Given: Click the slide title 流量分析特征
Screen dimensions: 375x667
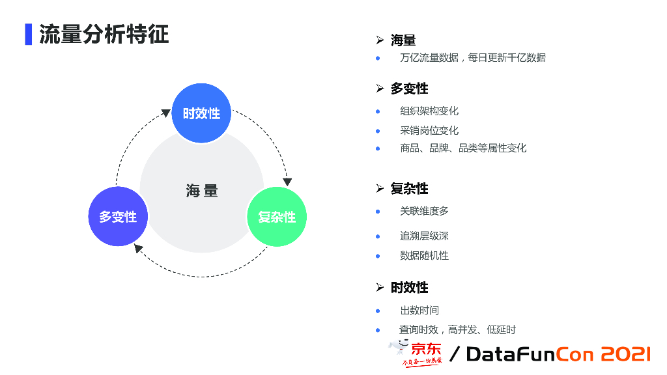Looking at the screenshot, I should pyautogui.click(x=104, y=35).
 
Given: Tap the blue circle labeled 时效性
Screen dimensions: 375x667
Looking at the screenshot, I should pyautogui.click(x=201, y=113).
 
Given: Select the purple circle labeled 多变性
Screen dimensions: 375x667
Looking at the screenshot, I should pyautogui.click(x=118, y=217).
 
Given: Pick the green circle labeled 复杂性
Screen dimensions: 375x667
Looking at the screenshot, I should pyautogui.click(x=277, y=217).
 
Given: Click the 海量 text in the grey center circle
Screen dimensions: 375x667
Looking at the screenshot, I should pyautogui.click(x=202, y=191).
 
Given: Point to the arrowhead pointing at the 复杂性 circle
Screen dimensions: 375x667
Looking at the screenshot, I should pyautogui.click(x=287, y=182).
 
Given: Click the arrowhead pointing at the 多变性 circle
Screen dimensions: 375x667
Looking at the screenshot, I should pyautogui.click(x=138, y=248).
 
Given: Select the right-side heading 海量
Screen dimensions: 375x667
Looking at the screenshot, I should pyautogui.click(x=403, y=40).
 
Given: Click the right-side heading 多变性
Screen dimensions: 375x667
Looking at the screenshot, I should pyautogui.click(x=409, y=89).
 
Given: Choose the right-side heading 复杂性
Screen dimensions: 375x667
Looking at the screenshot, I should pyautogui.click(x=409, y=189).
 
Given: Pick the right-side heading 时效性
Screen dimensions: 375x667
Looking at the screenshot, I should pyautogui.click(x=409, y=288).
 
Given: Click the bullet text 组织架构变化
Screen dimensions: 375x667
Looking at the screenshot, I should pyautogui.click(x=429, y=111).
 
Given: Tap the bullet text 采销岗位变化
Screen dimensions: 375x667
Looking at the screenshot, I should pyautogui.click(x=429, y=130).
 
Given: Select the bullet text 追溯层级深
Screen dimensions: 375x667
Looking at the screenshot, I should pyautogui.click(x=424, y=236).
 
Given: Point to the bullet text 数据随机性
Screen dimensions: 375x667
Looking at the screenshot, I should pyautogui.click(x=424, y=255).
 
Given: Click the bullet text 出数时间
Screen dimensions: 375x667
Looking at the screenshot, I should pyautogui.click(x=419, y=311).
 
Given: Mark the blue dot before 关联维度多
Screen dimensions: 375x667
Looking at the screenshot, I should pyautogui.click(x=378, y=211).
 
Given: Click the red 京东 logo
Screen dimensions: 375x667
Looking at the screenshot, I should pyautogui.click(x=425, y=349).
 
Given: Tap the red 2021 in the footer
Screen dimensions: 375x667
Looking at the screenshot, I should pyautogui.click(x=625, y=354).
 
